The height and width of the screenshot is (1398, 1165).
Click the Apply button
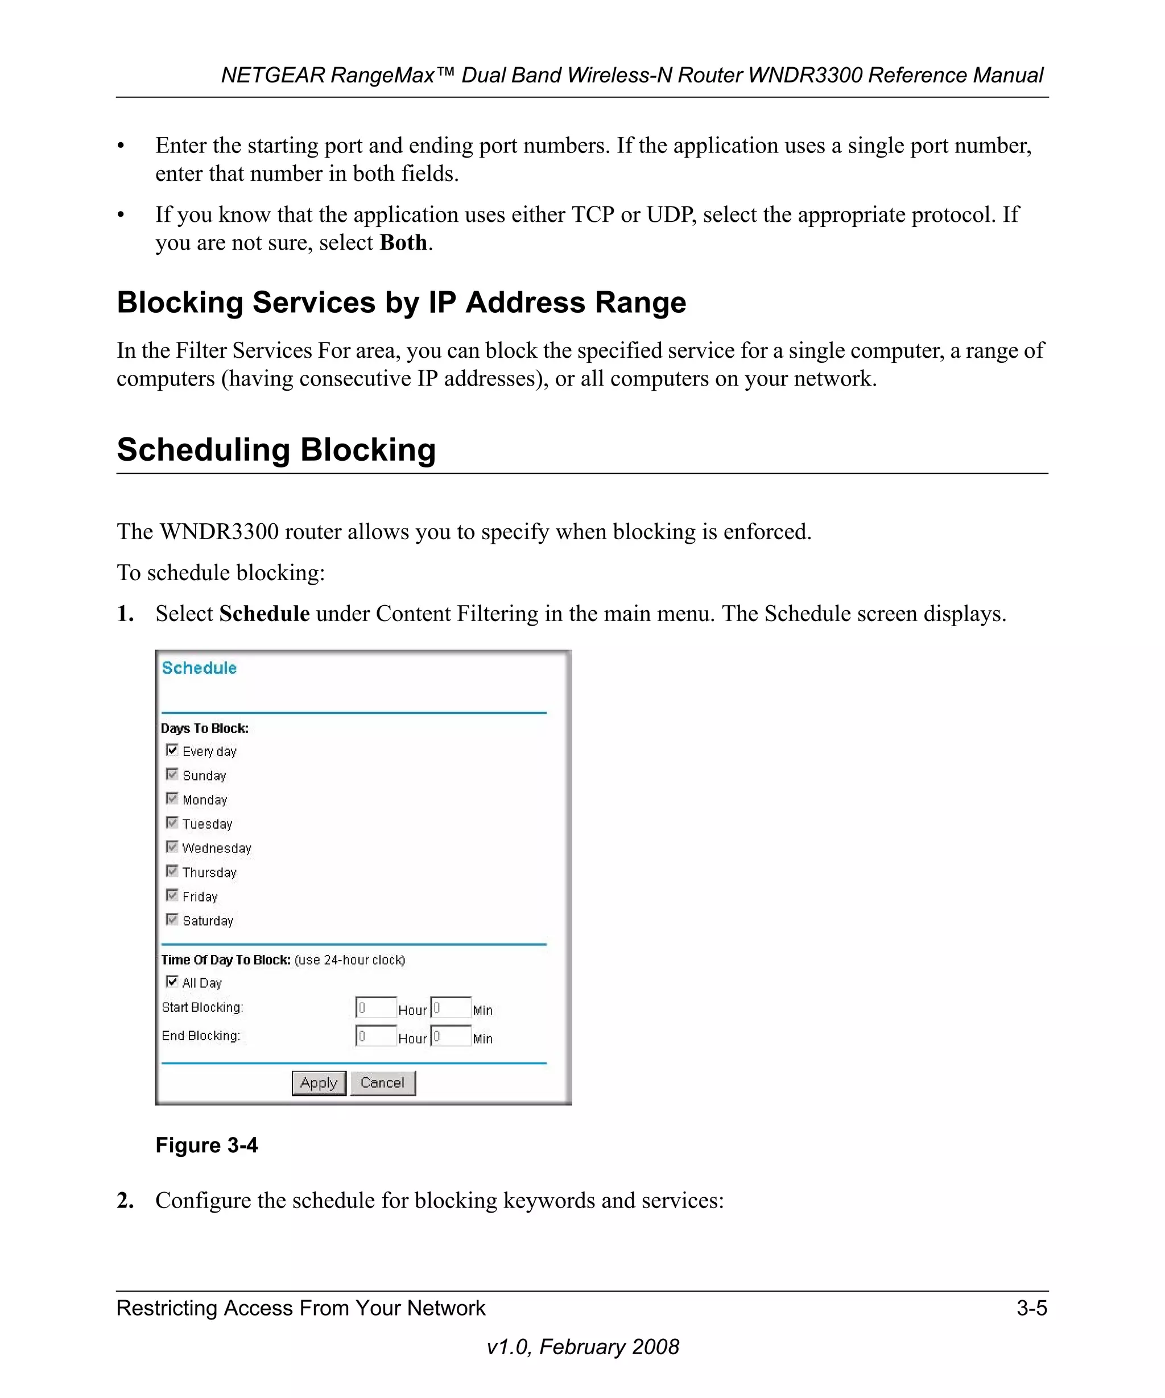[319, 1082]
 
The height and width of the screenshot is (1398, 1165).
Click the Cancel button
[382, 1082]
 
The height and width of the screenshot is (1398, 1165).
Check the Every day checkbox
[172, 750]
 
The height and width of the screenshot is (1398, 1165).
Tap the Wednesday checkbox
[172, 847]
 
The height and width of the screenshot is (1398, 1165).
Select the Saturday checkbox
[172, 919]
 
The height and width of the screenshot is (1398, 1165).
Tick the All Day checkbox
[172, 981]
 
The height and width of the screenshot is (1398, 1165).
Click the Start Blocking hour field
[376, 1008]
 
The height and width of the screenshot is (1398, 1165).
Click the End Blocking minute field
[451, 1036]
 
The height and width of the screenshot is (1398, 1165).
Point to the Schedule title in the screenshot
[199, 668]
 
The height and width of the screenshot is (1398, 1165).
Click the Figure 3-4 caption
[206, 1145]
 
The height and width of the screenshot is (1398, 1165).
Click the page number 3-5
[1031, 1308]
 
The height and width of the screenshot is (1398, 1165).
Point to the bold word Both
[403, 242]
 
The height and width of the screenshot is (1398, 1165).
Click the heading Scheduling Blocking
[276, 449]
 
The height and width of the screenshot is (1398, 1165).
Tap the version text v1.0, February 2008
[582, 1347]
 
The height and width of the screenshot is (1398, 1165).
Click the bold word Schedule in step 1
[265, 613]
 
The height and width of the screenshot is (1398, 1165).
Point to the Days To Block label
[204, 729]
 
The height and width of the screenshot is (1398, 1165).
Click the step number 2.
[125, 1200]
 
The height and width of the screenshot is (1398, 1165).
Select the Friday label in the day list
[200, 897]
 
